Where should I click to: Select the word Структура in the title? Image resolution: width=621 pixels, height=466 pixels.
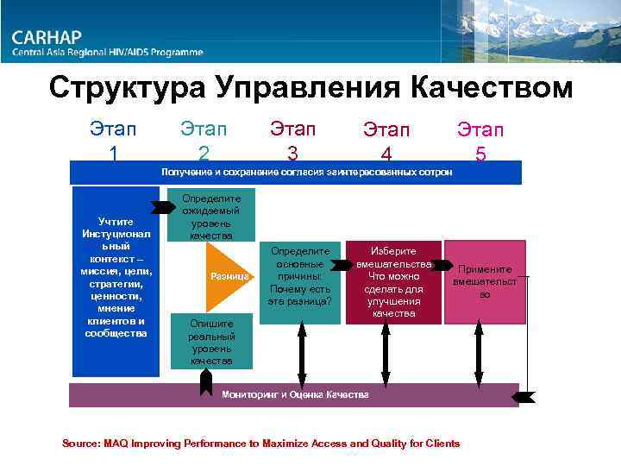click(129, 87)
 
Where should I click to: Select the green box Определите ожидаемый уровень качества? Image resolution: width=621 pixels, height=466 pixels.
click(211, 216)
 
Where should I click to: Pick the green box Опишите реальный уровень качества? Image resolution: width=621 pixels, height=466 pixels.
click(211, 340)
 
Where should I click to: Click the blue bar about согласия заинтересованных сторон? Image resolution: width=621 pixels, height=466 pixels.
click(296, 173)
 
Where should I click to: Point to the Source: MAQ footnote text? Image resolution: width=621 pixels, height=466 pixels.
click(261, 443)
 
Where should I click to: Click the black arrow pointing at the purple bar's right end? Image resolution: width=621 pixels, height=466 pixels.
click(523, 396)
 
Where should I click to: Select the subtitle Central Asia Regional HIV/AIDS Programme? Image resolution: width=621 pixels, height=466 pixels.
click(108, 53)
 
